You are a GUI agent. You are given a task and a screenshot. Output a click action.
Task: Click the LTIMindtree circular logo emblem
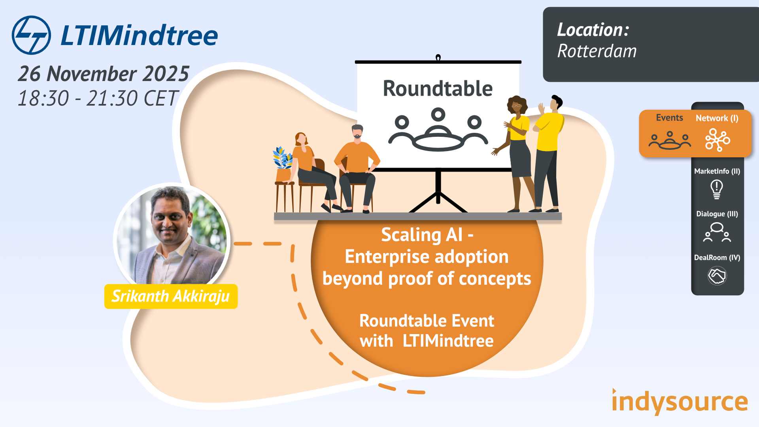(31, 35)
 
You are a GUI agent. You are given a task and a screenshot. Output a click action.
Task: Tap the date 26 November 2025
(104, 74)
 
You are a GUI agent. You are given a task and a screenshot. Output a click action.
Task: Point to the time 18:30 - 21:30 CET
(98, 98)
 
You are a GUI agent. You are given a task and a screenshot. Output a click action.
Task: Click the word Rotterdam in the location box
(597, 51)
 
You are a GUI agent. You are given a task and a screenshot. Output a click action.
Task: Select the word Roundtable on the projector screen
(438, 89)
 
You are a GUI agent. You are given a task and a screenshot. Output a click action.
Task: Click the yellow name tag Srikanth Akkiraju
(171, 296)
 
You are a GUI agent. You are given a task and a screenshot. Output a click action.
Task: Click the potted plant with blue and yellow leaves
(283, 162)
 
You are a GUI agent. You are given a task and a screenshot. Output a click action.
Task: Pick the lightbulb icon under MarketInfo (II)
(716, 189)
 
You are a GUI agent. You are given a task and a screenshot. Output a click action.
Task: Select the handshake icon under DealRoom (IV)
(717, 276)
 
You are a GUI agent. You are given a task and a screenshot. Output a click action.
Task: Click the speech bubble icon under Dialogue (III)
(717, 232)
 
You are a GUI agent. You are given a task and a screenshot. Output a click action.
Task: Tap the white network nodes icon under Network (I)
(717, 140)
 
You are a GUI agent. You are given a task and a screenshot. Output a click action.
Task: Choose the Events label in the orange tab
(669, 118)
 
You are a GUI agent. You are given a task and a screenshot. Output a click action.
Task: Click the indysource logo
(680, 402)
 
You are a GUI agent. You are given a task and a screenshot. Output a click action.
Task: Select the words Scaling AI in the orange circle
(422, 235)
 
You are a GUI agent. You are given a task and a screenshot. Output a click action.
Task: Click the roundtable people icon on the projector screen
(438, 130)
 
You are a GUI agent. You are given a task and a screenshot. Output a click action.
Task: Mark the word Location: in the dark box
(593, 30)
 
